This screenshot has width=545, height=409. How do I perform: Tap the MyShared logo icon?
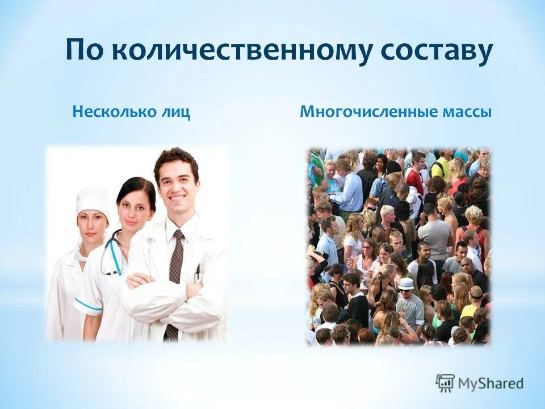(x=445, y=382)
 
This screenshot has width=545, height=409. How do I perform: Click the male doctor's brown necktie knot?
(x=178, y=236)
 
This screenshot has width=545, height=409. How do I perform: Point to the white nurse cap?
(x=93, y=199)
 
